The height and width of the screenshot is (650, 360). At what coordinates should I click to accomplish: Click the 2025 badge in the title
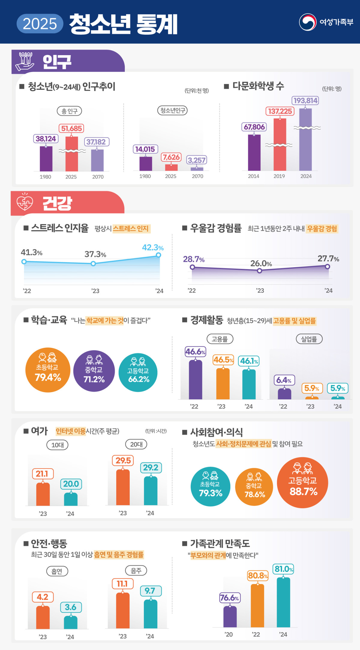coord(40,24)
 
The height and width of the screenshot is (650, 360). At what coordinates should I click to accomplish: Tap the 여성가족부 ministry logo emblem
coord(307,22)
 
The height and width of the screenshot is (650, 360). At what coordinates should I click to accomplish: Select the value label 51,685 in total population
coord(71,128)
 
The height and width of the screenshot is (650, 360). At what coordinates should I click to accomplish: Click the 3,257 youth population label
coord(196,160)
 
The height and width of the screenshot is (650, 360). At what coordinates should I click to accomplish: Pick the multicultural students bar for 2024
coord(305,141)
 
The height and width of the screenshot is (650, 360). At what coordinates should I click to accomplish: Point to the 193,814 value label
coord(305,100)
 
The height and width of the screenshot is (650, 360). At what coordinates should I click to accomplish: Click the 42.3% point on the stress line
coord(158,255)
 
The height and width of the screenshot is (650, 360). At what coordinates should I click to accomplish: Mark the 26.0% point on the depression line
coord(259,271)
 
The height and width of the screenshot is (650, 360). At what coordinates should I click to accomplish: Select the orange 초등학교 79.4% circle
coord(48,370)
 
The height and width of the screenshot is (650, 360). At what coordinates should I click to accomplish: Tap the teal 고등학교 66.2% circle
coord(138,372)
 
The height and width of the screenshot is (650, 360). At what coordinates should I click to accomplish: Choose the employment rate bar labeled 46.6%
coord(195,380)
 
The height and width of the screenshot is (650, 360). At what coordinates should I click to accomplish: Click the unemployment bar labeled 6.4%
coord(284,394)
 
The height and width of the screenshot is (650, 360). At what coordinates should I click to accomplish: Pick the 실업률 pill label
coord(309,339)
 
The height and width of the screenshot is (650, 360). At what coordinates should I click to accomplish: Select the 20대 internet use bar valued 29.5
coord(123,487)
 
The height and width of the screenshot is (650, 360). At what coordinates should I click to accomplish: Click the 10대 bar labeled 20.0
coord(71,499)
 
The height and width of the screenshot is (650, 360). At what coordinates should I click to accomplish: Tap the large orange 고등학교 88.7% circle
coord(302,483)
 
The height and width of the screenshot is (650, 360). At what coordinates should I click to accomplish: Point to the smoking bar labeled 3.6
coord(71,622)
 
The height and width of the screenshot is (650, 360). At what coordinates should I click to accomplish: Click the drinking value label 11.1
coord(122,584)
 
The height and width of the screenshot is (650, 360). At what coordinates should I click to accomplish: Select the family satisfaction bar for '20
coord(230,616)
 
